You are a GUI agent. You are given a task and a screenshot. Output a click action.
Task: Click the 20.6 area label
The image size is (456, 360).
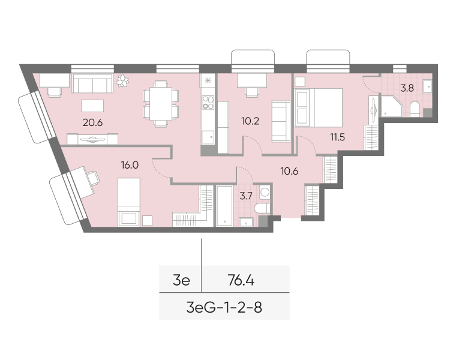coord(92,122)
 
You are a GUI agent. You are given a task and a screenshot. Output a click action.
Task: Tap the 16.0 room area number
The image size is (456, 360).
coord(130,165)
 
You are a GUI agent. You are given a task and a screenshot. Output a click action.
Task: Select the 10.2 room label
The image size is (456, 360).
coord(250,121)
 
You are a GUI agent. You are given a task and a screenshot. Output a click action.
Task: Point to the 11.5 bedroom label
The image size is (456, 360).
coord(337,137)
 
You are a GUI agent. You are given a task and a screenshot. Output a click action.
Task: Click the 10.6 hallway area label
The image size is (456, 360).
coord(289,171)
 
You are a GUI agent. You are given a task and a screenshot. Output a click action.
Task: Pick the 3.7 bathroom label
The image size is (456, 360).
coord(246,196)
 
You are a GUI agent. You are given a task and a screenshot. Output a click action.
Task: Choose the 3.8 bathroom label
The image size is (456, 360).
coord(407,88)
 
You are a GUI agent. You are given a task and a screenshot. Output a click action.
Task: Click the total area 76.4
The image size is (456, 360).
coord(241,281)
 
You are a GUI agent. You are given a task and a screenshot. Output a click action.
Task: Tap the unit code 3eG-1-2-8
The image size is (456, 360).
coord(224,307)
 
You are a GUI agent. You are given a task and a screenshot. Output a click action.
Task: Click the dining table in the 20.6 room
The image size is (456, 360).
coord(161,104)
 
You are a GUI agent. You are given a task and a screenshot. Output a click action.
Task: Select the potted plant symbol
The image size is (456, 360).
coord(122,80)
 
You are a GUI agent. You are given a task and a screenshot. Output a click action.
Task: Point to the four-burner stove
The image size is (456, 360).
coord(208,103)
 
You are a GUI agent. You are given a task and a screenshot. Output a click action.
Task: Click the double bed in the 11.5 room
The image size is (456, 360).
coord(319,107)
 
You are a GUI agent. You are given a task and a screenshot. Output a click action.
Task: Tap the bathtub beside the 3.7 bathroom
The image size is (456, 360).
coord(224,206)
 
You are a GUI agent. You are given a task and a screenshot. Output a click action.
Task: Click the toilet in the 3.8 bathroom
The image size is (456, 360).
coord(415,109)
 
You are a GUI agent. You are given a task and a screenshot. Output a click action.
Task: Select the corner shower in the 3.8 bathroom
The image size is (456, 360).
coord(392,107)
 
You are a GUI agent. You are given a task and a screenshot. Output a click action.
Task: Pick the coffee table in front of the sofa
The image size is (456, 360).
coord(92,106)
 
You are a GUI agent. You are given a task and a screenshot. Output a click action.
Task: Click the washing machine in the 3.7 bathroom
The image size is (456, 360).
coord(265,192)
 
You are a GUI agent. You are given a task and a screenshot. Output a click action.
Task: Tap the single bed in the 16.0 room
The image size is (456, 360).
coord(129,202)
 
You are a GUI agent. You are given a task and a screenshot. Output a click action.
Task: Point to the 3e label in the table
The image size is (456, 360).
coord(181,281)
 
